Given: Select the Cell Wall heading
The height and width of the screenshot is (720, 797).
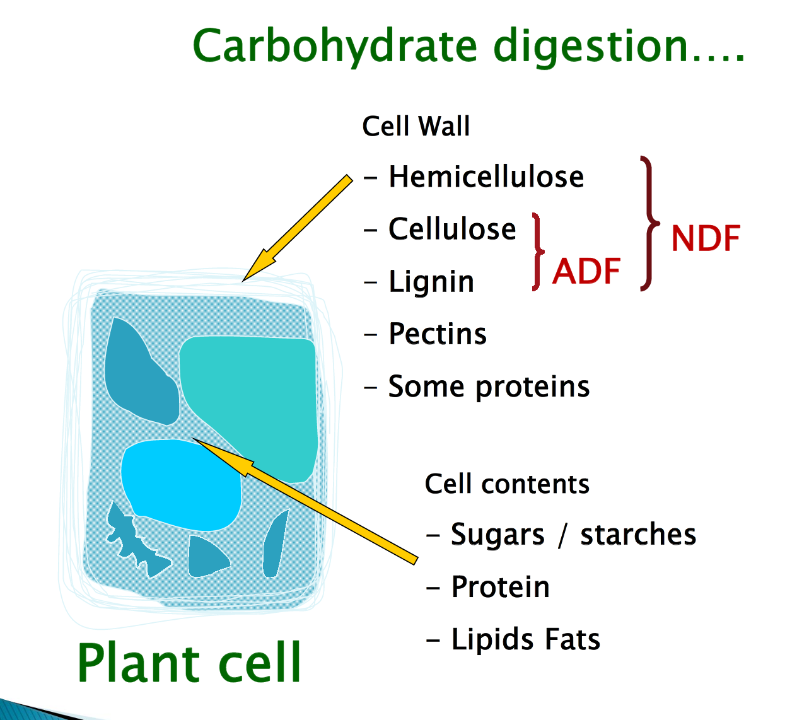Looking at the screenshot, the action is click(x=416, y=126).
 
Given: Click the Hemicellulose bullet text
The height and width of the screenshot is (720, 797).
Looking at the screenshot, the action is click(x=486, y=177).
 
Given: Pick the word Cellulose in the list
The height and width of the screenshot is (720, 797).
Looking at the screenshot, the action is click(x=452, y=229).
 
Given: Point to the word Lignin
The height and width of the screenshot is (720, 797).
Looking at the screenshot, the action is click(x=431, y=281).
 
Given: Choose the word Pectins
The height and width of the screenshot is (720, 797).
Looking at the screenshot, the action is click(x=438, y=334).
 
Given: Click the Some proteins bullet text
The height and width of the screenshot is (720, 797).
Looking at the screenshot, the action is click(x=489, y=386).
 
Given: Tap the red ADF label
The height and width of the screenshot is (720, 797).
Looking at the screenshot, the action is click(x=586, y=272).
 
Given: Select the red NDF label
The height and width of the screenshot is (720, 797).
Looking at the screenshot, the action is click(x=705, y=239).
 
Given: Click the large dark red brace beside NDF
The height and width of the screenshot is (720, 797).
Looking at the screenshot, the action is click(x=649, y=223).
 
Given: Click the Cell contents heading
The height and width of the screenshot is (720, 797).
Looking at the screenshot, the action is click(x=507, y=484).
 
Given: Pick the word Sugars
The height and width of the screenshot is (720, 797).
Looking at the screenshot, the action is click(x=497, y=535).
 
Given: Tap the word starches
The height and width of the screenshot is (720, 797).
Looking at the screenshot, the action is click(x=637, y=535).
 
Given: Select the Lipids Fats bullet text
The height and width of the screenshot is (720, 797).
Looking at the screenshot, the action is click(x=525, y=639).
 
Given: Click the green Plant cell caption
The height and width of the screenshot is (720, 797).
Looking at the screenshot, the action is click(x=189, y=663).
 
